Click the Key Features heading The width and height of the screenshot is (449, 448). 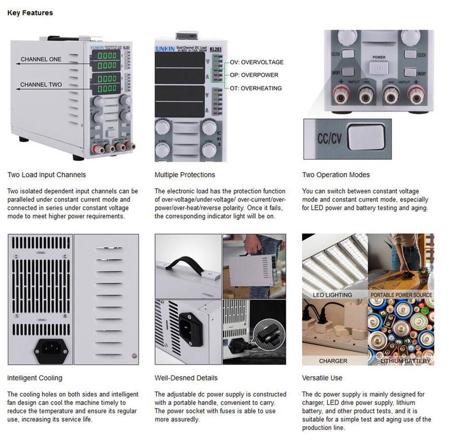(x=30, y=13)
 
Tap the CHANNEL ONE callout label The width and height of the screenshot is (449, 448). (x=41, y=59)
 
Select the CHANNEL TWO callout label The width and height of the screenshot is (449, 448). (x=41, y=84)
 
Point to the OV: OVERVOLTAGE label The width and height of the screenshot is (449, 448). (x=256, y=62)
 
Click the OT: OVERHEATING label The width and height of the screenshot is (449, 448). (x=255, y=88)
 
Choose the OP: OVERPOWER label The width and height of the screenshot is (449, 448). (x=254, y=75)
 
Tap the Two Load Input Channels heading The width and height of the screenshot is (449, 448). (x=47, y=175)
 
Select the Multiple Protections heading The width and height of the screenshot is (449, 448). (x=185, y=175)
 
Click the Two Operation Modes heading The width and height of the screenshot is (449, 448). (x=336, y=175)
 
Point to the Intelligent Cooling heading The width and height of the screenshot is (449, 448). (x=35, y=378)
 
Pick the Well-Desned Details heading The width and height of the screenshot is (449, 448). (x=186, y=378)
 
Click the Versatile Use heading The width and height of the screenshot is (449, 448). (x=322, y=378)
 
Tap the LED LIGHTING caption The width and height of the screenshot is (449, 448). (x=333, y=295)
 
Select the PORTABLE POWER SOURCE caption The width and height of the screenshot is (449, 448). (x=401, y=295)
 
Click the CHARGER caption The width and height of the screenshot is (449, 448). (x=333, y=361)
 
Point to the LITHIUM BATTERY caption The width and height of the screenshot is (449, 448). (x=405, y=361)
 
